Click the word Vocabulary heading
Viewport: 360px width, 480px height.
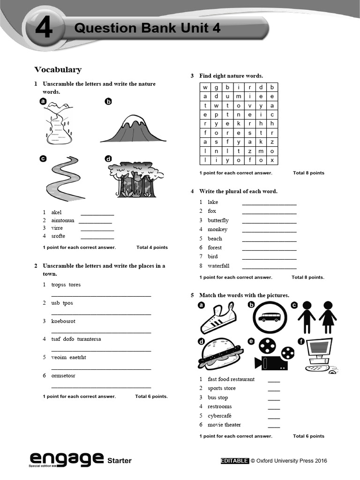[x=58, y=70]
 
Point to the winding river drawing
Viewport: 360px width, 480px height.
[x=64, y=177]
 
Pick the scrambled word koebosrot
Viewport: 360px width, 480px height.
[x=63, y=321]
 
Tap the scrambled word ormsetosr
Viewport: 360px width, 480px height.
[x=63, y=375]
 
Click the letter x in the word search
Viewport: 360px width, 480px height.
[x=272, y=160]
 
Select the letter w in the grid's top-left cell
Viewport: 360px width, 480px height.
[x=205, y=88]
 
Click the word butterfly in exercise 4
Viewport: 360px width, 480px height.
[x=218, y=220]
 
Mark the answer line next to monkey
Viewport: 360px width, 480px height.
[x=269, y=231]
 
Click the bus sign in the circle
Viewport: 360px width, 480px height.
[x=269, y=317]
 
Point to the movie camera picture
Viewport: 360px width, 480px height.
[x=273, y=355]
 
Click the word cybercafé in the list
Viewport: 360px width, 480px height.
[x=219, y=416]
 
